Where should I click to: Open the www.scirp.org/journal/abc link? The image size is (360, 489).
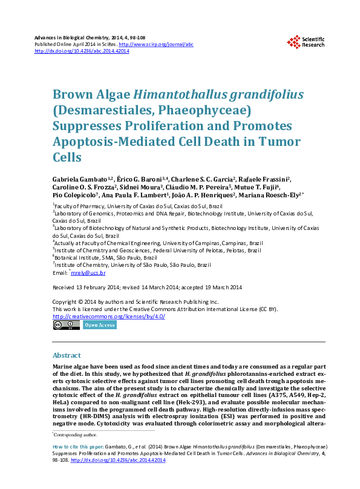point(156,44)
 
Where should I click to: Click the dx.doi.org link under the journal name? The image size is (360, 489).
point(82,51)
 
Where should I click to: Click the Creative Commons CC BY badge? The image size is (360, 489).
point(66,325)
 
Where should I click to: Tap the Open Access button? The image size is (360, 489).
point(100,325)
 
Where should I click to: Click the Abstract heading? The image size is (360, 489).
point(67,355)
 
